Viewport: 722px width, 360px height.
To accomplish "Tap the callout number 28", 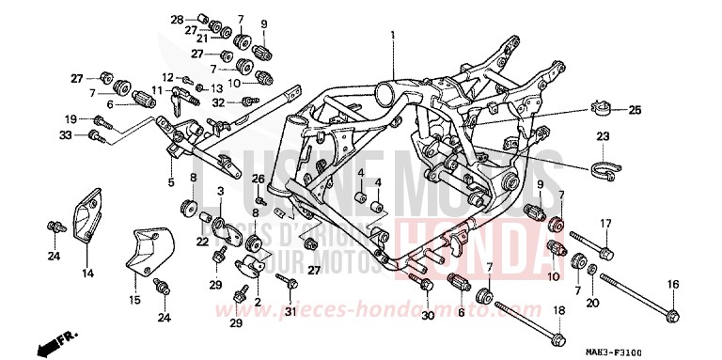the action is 177,19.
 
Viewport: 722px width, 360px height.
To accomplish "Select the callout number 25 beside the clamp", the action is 634,111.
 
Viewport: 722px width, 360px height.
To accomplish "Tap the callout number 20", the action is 591,302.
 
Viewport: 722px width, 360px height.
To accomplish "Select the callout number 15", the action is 133,300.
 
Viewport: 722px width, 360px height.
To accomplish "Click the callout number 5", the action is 171,181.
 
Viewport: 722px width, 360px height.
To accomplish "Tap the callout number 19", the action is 70,118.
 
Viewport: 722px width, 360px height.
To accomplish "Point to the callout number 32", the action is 218,102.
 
